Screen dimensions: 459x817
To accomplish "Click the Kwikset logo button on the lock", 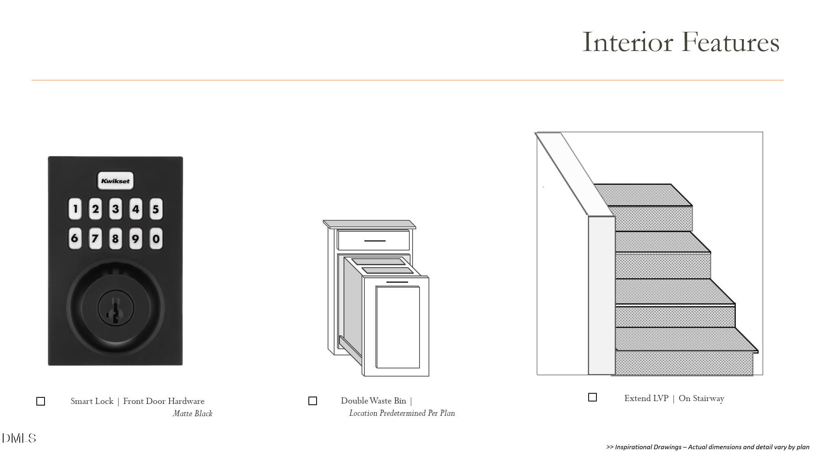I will click(115, 181).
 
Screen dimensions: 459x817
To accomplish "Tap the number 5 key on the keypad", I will click(156, 209).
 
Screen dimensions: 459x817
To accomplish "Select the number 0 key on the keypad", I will click(156, 238).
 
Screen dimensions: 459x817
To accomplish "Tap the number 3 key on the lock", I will click(116, 209).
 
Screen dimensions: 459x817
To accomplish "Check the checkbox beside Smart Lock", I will click(41, 401).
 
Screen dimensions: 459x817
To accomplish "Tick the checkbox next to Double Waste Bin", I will click(313, 401).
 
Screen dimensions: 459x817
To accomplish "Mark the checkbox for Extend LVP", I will click(592, 397).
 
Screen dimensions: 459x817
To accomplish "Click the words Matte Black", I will click(192, 413).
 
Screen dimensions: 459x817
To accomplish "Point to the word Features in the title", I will click(730, 42).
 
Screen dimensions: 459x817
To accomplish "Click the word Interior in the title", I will click(627, 42).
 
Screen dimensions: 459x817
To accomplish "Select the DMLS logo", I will click(19, 438).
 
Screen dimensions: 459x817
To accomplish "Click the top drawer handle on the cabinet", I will click(375, 241).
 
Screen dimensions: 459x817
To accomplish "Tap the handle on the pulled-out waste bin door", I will click(397, 282).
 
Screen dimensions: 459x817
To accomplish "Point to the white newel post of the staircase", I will click(601, 296).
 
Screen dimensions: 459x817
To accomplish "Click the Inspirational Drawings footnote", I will click(708, 447).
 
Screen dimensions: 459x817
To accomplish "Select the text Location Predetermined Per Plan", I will click(402, 413).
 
